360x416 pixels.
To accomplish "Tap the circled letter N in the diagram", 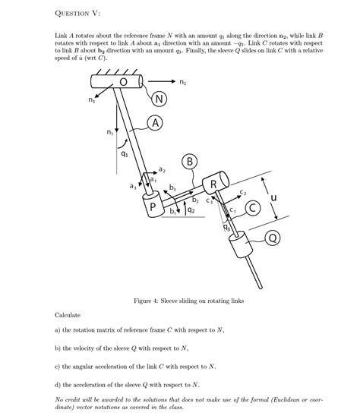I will [x=159, y=99].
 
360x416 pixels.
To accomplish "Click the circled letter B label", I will [x=190, y=160].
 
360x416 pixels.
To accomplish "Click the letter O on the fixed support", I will [x=122, y=82].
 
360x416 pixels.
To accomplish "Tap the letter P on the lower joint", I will [x=152, y=206].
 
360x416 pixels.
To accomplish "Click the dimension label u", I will [x=273, y=198].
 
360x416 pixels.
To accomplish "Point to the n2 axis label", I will [x=183, y=81].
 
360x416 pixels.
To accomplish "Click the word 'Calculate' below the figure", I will [x=68, y=314].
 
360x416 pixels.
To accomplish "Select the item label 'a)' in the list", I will [x=58, y=330].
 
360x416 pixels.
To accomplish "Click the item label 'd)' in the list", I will [x=58, y=385].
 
